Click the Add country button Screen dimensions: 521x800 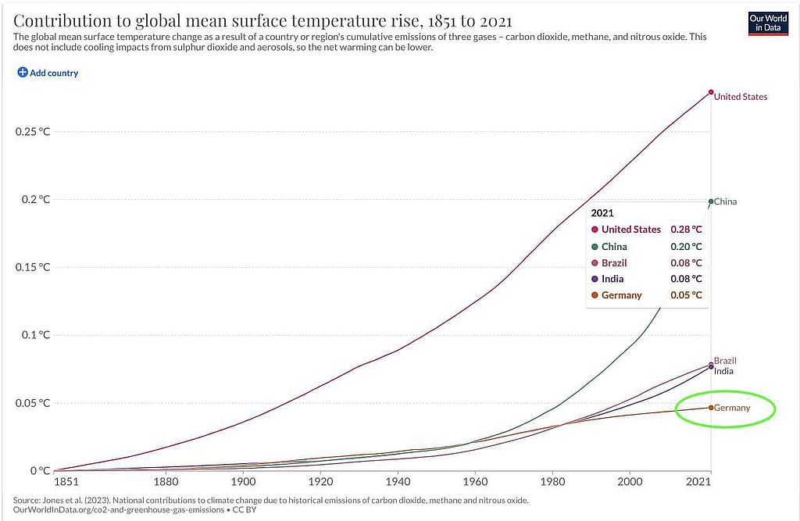(48, 73)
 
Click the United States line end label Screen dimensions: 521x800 (741, 97)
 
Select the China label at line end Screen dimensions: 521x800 (725, 202)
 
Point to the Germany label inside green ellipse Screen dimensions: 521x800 (731, 408)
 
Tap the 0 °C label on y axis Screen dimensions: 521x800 (36, 471)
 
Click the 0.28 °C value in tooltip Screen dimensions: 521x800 (686, 230)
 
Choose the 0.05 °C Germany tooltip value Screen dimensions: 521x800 (686, 295)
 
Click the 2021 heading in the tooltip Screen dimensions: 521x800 (602, 212)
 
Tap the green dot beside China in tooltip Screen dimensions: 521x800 (595, 247)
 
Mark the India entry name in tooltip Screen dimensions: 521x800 (612, 279)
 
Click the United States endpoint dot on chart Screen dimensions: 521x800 (711, 92)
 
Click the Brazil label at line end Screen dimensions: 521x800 (725, 361)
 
